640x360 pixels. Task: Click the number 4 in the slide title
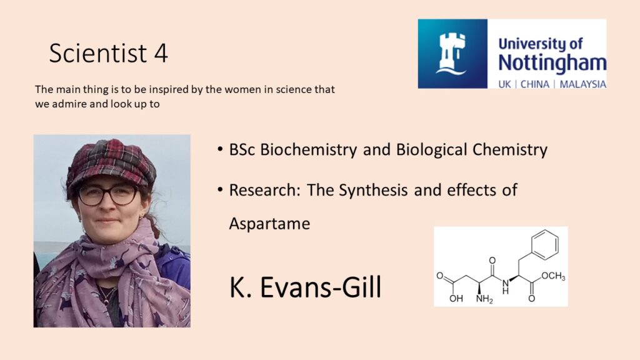tap(161, 53)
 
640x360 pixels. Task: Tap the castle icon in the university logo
tap(452, 53)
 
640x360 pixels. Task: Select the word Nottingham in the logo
tap(552, 63)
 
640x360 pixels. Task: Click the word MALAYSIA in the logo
tap(582, 84)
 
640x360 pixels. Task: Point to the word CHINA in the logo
tap(535, 84)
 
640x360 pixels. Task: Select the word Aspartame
tap(269, 224)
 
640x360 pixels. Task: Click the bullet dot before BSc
tap(221, 149)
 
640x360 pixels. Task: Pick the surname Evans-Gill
tap(321, 287)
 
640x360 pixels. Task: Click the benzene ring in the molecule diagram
tap(544, 244)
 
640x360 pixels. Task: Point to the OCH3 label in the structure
tap(553, 276)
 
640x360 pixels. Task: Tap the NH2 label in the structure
tap(484, 299)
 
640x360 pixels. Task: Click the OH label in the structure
tap(456, 298)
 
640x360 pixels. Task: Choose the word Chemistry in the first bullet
tap(510, 150)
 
